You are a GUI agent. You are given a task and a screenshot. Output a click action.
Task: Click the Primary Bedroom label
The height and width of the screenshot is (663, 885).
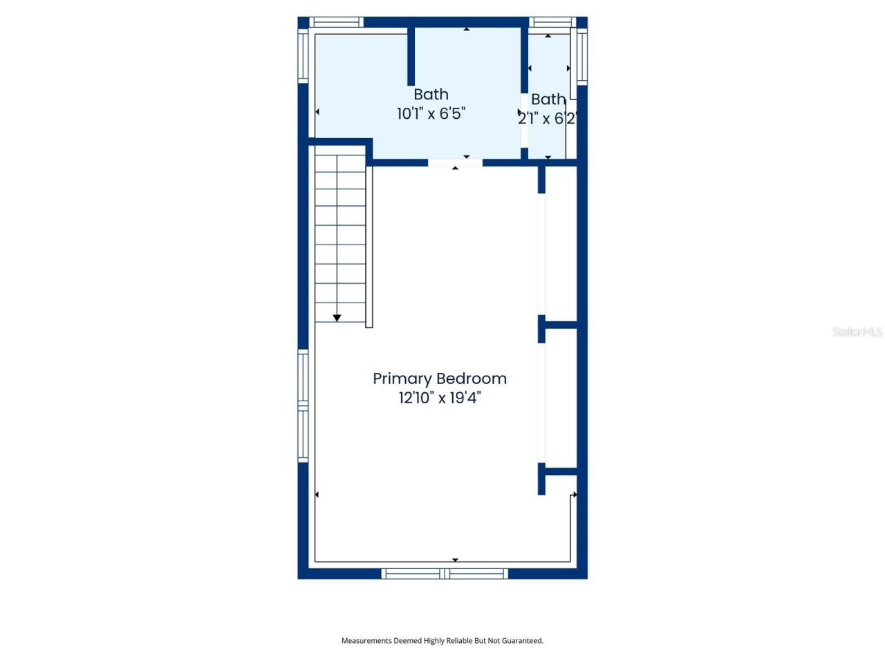coord(440,378)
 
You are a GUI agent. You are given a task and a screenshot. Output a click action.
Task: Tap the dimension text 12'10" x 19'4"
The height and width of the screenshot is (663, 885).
coord(440,398)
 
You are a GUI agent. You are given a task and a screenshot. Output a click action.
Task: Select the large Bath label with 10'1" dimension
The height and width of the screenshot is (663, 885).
coord(431,95)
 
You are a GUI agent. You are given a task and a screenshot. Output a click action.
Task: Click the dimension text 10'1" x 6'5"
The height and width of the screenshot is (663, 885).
coord(431,114)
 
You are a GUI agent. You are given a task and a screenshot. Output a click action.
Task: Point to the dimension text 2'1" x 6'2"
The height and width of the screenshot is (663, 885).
coord(547,119)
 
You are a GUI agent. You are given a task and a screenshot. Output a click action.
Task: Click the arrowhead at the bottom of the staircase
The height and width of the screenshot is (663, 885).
coord(337,318)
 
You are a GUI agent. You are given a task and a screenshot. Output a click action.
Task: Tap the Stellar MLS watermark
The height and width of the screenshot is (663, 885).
coord(857,331)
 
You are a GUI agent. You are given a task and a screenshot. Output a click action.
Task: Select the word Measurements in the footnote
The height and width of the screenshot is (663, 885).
coord(366,641)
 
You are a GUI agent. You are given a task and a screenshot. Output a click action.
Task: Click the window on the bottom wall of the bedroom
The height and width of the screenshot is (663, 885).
coord(445,573)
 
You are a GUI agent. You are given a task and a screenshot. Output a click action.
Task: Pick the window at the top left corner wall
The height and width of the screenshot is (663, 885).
coord(335,23)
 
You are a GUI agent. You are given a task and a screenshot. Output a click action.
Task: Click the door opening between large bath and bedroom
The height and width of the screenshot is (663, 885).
coord(455,163)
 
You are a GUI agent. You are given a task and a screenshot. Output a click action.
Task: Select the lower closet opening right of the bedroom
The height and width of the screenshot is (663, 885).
coord(541,403)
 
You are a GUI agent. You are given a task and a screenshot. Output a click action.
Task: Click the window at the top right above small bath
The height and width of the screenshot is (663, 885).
coord(552,23)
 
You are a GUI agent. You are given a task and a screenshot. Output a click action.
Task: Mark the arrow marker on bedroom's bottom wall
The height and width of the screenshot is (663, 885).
coord(455,559)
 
